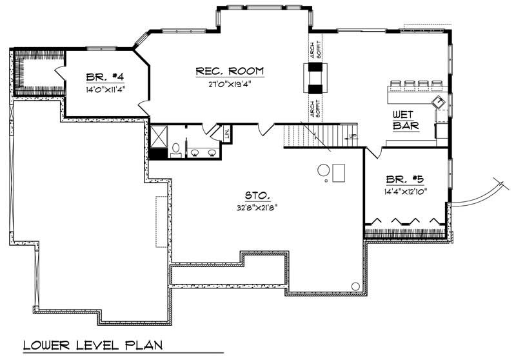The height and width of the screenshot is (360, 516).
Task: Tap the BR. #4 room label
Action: pyautogui.click(x=104, y=77)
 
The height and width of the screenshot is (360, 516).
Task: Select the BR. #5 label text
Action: pyautogui.click(x=404, y=180)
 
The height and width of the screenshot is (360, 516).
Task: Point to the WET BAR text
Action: pyautogui.click(x=406, y=119)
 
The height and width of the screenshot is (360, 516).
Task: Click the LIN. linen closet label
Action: pyautogui.click(x=227, y=134)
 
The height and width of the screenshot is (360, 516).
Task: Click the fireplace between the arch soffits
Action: pyautogui.click(x=316, y=79)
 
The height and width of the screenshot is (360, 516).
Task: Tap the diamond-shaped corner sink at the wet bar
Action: pyautogui.click(x=439, y=102)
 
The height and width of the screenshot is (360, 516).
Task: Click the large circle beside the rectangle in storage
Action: pyautogui.click(x=323, y=171)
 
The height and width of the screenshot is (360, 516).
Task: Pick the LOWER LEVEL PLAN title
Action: pyautogui.click(x=93, y=346)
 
